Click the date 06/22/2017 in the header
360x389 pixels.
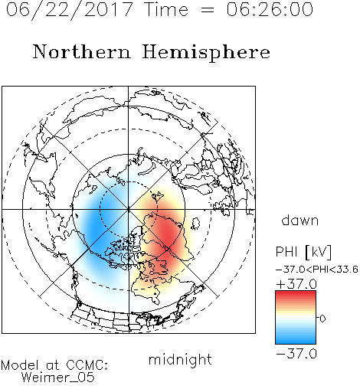[69, 10]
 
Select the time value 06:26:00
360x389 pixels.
[270, 9]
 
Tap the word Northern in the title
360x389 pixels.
[82, 51]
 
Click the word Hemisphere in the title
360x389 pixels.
[206, 53]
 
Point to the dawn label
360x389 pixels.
[300, 221]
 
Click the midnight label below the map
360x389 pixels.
[180, 359]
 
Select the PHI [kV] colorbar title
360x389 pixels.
[303, 252]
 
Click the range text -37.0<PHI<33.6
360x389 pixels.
[317, 270]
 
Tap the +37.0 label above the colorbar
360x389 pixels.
[296, 284]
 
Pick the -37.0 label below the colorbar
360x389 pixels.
[296, 354]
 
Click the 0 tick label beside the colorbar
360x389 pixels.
[322, 319]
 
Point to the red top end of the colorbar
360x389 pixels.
[296, 293]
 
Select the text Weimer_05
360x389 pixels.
[58, 378]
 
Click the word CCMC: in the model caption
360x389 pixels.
[87, 365]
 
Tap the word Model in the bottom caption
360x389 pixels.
[20, 365]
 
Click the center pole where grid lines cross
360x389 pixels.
[129, 209]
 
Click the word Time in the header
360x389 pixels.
[167, 9]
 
